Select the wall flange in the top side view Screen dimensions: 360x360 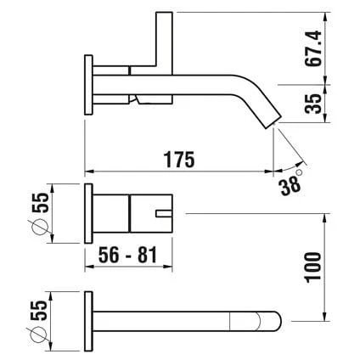88,82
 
